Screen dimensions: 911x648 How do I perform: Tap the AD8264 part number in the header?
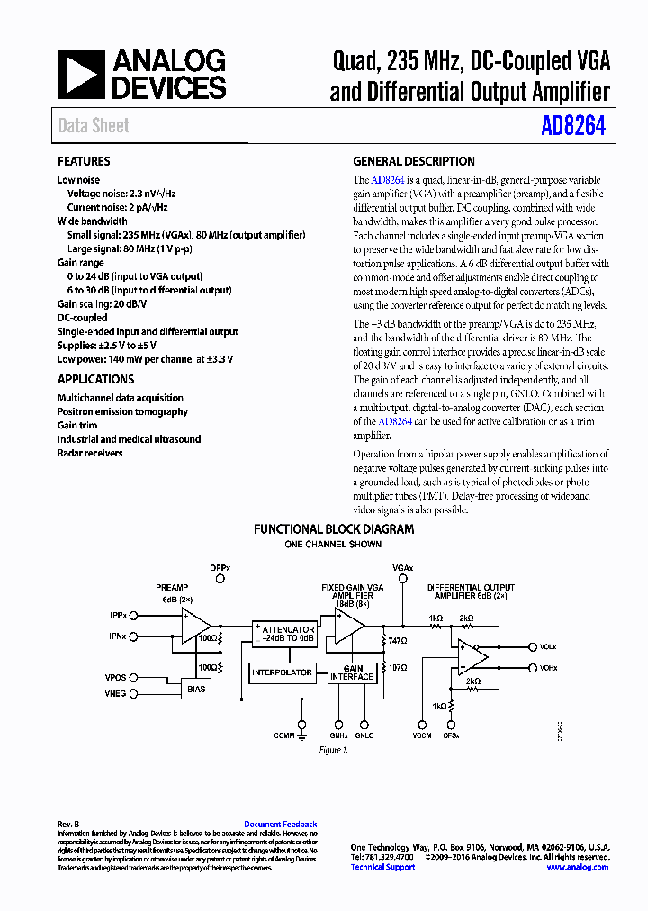(573, 126)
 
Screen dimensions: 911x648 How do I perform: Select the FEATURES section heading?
(84, 161)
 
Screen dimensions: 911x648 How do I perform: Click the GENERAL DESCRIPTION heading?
(413, 161)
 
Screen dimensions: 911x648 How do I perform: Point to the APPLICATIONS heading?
(95, 379)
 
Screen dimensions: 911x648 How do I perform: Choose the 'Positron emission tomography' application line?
(122, 411)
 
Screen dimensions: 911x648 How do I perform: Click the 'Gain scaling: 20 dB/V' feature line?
(109, 304)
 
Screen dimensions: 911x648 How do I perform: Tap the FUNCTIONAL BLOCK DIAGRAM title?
(333, 529)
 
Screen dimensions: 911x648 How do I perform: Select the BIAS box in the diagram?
(196, 689)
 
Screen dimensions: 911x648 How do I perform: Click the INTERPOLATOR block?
(282, 672)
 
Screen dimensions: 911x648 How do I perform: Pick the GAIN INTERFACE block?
(352, 672)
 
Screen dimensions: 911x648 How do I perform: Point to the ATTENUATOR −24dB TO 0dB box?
(283, 634)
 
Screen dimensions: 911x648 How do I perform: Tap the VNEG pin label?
(115, 694)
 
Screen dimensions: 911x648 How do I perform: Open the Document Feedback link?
(280, 824)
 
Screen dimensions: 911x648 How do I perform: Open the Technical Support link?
(382, 867)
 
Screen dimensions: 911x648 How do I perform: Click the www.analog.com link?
(577, 867)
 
